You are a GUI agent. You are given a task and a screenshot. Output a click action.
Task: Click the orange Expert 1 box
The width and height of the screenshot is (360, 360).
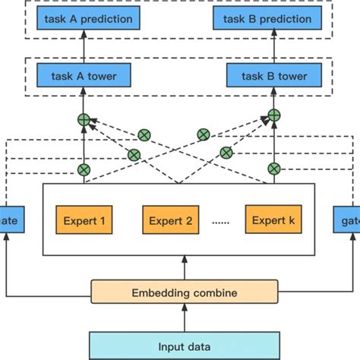pos(84,221)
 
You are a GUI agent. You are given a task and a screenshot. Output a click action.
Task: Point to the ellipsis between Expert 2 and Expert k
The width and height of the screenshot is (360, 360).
pos(221,223)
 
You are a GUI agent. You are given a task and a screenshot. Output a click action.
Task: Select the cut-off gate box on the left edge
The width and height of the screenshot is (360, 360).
pos(11,221)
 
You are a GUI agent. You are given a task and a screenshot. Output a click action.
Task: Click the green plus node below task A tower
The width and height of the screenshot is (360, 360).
pos(84,119)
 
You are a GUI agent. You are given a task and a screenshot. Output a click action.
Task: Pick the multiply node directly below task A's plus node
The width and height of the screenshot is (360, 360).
pos(84,169)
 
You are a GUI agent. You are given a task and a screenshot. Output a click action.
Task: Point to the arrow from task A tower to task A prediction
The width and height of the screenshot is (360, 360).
pos(84,47)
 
